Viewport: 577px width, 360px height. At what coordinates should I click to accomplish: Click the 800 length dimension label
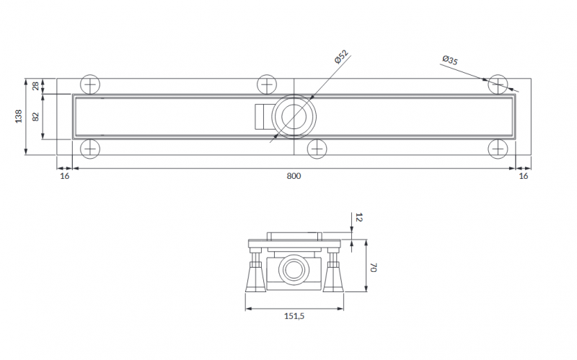(294, 176)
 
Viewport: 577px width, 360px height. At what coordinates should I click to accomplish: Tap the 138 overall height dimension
(19, 116)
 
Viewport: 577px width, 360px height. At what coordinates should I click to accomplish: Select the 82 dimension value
(35, 117)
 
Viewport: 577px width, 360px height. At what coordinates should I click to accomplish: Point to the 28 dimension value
(35, 86)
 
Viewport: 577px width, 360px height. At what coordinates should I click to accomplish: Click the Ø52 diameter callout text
(341, 57)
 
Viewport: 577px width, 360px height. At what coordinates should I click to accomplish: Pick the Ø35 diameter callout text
(450, 60)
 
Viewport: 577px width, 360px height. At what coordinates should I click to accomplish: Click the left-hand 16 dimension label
(64, 176)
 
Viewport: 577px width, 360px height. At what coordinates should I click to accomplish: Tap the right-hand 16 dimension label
(524, 176)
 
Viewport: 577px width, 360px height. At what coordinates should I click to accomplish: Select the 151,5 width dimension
(294, 316)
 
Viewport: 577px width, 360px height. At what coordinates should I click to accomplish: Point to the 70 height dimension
(373, 268)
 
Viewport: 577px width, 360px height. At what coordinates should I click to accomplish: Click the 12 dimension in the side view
(359, 218)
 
